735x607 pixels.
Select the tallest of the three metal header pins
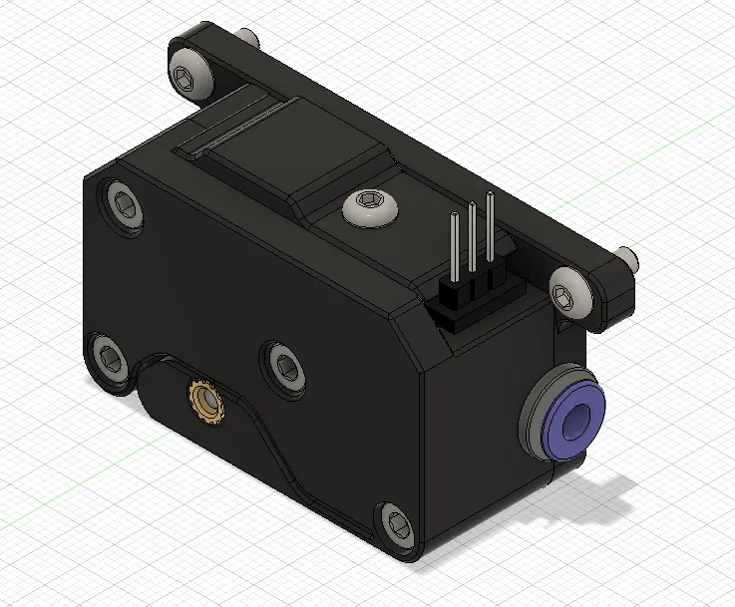[x=490, y=234]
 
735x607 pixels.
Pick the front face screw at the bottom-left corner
[x=108, y=356]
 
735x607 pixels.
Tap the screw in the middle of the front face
[x=285, y=366]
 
